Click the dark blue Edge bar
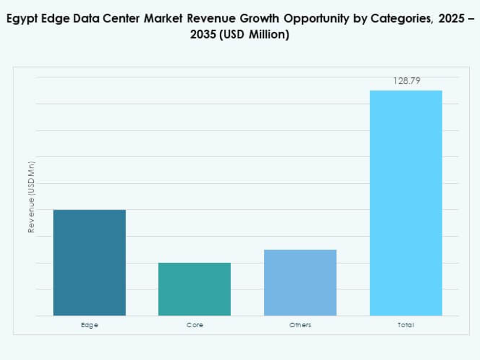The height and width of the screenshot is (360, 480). tap(90, 262)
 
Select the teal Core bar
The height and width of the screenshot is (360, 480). tap(195, 289)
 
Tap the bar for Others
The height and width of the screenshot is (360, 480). tap(300, 282)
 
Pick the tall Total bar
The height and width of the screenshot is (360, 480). tap(406, 203)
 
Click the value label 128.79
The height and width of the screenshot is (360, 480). tap(407, 81)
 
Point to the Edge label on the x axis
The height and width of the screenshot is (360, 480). tap(89, 325)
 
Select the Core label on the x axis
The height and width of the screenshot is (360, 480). tap(195, 325)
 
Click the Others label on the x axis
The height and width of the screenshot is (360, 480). tap(300, 325)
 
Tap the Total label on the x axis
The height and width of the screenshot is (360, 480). tap(406, 325)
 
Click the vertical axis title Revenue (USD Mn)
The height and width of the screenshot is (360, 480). tap(31, 197)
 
